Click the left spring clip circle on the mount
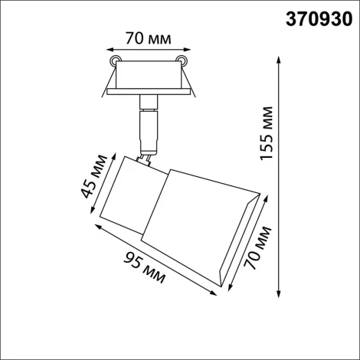114,61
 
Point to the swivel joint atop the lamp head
142,157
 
